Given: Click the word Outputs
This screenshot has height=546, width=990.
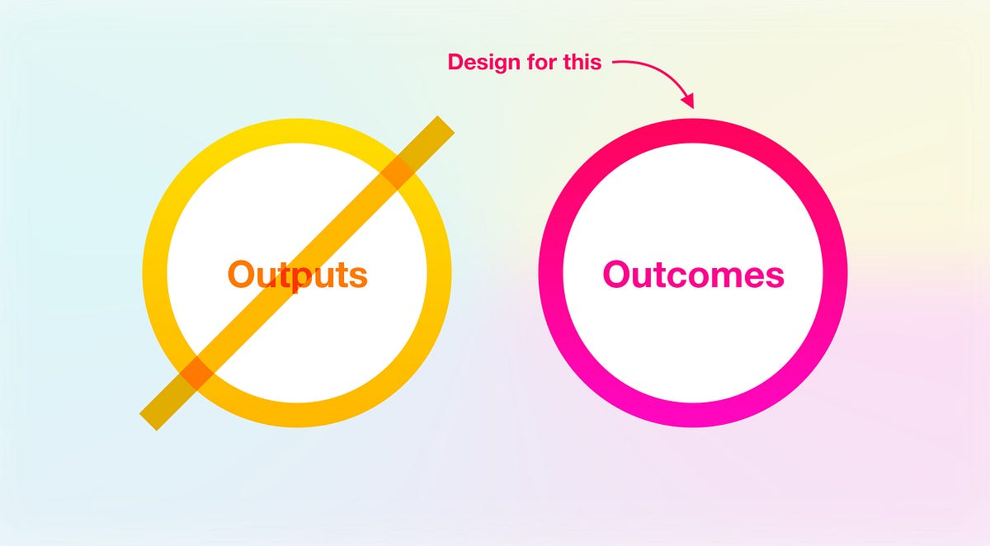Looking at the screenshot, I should coord(297,275).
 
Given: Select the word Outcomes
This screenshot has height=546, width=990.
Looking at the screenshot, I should coord(693,275).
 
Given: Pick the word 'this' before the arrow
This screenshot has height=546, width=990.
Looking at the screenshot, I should coord(582,62).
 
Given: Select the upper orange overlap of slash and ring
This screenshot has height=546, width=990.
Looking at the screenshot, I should coord(398,173).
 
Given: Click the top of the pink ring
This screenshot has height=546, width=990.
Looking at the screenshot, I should coord(693,130).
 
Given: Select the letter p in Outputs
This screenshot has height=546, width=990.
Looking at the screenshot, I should coord(291,279).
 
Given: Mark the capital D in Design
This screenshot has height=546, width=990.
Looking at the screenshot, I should coord(456,62).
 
